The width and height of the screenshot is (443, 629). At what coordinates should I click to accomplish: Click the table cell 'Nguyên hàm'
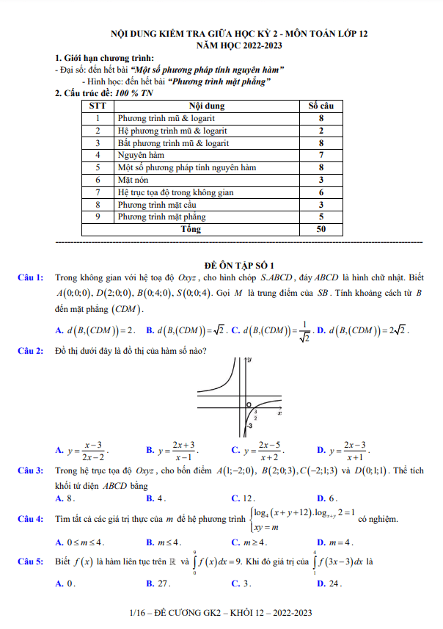141,155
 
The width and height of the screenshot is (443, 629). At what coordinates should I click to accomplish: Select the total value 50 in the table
321,229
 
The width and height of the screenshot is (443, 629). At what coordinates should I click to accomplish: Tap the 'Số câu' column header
321,106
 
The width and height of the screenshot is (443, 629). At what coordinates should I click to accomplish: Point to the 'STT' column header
97,106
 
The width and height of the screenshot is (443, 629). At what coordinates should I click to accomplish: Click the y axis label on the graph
250,360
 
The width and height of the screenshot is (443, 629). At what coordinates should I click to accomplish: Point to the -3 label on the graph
249,426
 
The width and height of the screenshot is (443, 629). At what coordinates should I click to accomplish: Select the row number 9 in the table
97,217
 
